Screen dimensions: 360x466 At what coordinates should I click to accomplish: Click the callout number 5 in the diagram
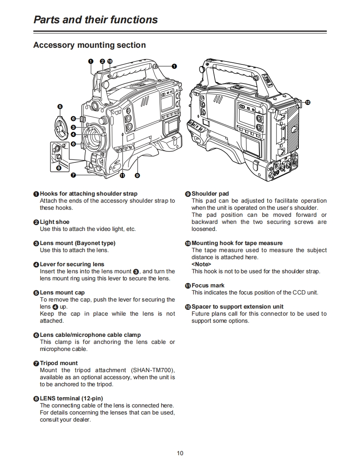click(60, 107)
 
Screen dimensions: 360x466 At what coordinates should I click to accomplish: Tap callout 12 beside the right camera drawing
click(308, 102)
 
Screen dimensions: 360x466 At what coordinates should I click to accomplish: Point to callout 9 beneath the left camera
click(137, 176)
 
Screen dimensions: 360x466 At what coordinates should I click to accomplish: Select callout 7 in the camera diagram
click(73, 175)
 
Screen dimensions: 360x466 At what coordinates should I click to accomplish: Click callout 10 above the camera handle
click(110, 61)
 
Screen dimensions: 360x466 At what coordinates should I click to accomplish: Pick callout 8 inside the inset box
click(59, 168)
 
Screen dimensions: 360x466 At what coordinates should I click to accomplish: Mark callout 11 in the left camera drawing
click(123, 176)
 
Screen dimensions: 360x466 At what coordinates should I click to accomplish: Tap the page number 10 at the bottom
click(180, 453)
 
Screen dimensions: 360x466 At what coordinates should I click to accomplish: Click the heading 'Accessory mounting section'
click(89, 45)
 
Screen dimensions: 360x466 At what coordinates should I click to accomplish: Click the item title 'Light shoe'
click(54, 222)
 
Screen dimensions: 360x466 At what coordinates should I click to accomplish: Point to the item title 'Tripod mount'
click(59, 363)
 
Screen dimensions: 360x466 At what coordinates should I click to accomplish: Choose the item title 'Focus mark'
click(208, 285)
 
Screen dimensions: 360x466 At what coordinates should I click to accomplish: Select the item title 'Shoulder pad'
click(210, 194)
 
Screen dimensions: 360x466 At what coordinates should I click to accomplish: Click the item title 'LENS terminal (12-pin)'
click(71, 398)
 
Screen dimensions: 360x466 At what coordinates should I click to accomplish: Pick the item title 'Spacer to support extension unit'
click(237, 307)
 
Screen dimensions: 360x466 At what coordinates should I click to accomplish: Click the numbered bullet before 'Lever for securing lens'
click(36, 265)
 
